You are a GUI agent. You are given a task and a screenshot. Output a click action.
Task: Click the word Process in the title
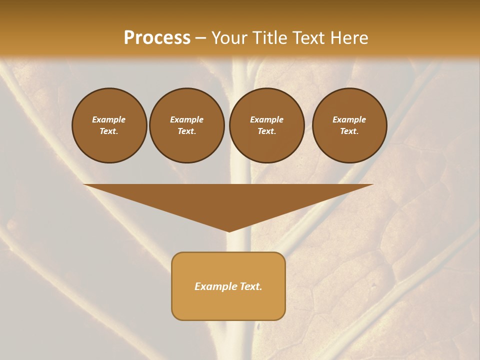pyautogui.click(x=157, y=38)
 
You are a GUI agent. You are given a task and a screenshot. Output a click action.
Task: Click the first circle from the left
pyautogui.click(x=109, y=125)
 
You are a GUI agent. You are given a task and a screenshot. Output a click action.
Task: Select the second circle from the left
pyautogui.click(x=186, y=125)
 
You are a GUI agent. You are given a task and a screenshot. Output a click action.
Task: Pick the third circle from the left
pyautogui.click(x=266, y=125)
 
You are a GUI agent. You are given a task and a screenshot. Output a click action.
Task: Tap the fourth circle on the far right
pyautogui.click(x=349, y=125)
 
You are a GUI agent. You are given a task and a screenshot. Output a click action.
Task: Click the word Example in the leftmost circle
pyautogui.click(x=109, y=120)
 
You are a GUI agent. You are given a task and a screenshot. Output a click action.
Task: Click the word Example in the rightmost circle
pyautogui.click(x=349, y=120)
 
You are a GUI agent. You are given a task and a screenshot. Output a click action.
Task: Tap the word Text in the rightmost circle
pyautogui.click(x=348, y=131)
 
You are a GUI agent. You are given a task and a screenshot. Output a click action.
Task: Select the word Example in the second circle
pyautogui.click(x=186, y=120)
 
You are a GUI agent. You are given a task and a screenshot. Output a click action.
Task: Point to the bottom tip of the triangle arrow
pyautogui.click(x=228, y=231)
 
